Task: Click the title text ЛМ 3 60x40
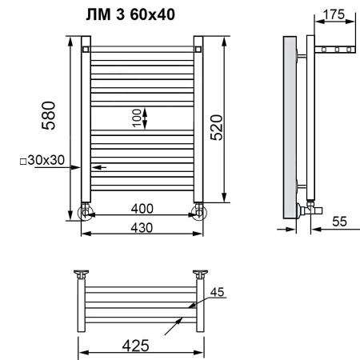point(130,14)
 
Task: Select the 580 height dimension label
point(49,115)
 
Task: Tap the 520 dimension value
point(216,127)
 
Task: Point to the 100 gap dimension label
point(137,118)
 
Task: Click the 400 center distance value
point(142,209)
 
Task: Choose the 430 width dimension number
point(142,228)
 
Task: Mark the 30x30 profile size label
point(46,160)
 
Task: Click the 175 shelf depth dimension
point(334,14)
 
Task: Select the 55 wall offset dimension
point(339,222)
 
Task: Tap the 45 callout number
point(217,292)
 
